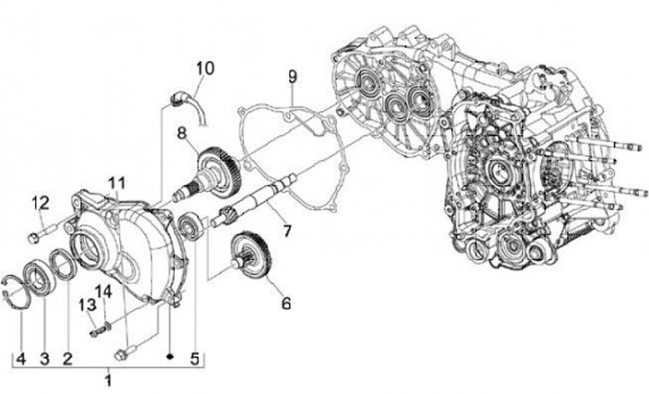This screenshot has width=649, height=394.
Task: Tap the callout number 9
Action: (x=291, y=74)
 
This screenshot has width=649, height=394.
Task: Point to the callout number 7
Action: (x=286, y=231)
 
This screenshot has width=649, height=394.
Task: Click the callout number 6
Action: (x=286, y=304)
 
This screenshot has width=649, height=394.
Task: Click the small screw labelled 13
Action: (x=99, y=329)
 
